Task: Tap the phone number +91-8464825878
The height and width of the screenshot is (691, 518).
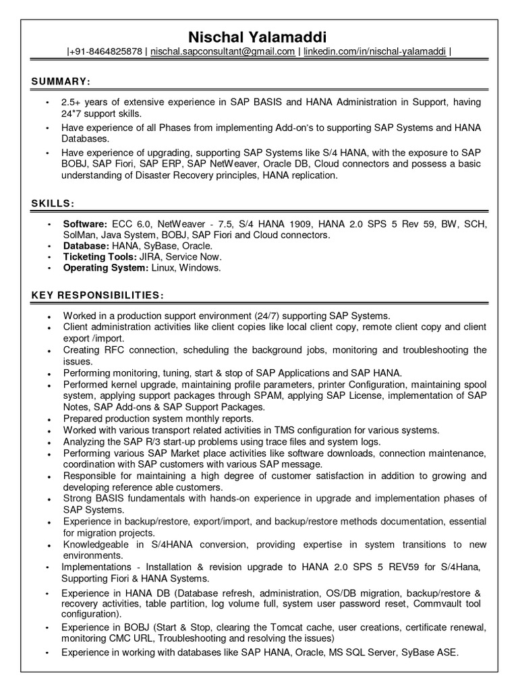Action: [x=107, y=51]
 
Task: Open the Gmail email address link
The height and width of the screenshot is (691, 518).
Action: [x=223, y=51]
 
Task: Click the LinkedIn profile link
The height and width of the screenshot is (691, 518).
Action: [x=374, y=51]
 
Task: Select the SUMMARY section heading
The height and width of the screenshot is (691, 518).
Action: [x=61, y=82]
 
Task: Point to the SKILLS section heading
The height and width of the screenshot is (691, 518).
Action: [x=53, y=203]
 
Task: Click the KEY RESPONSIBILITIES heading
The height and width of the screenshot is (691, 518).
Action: [x=96, y=296]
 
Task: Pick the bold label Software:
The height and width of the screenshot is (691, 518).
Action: [x=85, y=223]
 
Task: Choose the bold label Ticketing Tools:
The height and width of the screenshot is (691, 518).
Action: [x=99, y=257]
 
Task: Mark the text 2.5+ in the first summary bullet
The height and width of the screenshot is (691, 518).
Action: [x=75, y=103]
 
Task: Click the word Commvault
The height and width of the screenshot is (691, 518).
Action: [x=438, y=603]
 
